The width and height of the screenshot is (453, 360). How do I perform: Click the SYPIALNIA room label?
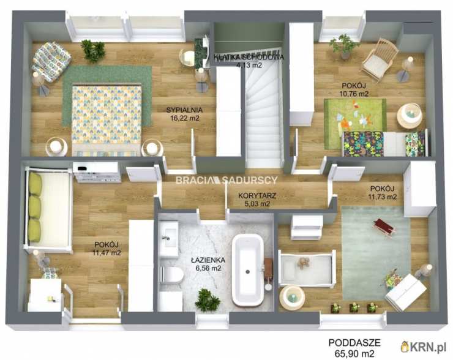[x=184, y=110]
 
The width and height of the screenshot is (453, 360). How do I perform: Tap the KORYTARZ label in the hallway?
[x=257, y=196]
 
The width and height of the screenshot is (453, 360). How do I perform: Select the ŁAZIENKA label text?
[x=208, y=260]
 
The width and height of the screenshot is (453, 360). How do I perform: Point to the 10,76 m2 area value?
[x=354, y=94]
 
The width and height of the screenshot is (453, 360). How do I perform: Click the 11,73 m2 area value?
[x=382, y=197]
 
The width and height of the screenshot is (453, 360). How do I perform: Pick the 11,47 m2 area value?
[x=107, y=253]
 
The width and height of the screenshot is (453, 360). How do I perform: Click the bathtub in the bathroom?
[x=248, y=270]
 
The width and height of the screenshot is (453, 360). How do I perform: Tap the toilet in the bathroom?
[x=171, y=274]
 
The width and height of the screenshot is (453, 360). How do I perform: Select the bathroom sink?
[x=169, y=238]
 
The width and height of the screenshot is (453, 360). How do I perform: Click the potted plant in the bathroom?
[x=207, y=300]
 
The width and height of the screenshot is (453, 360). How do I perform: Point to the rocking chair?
[x=379, y=60]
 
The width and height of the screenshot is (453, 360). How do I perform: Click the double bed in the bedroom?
[x=107, y=120]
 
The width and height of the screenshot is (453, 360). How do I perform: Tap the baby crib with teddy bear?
[x=307, y=269]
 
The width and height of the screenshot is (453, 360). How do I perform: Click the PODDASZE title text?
[x=354, y=343]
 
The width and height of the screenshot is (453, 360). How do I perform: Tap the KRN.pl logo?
[x=423, y=347]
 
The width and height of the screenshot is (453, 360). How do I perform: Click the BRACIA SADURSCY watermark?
[x=226, y=180]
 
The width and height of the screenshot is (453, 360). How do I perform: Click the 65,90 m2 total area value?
[x=354, y=353]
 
